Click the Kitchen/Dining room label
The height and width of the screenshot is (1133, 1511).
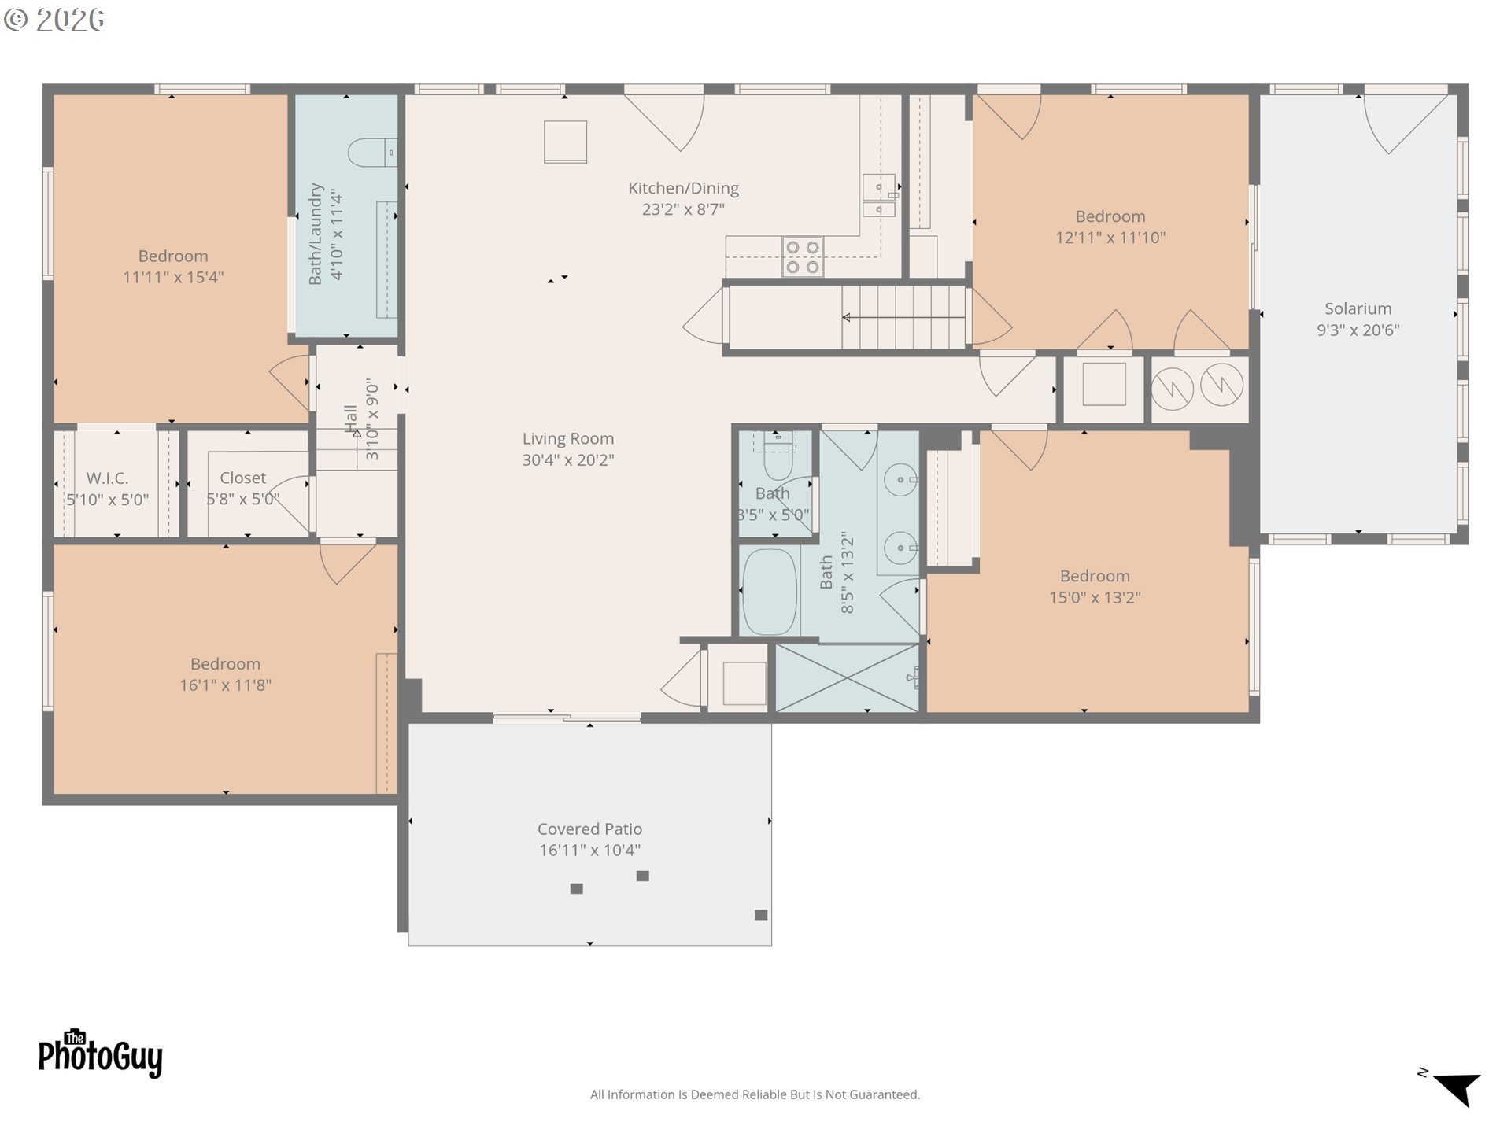[683, 189]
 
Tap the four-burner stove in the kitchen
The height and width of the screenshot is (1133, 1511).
[802, 257]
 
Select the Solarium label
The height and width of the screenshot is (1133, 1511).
[1358, 309]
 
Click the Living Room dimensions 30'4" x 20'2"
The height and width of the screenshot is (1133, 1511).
[567, 460]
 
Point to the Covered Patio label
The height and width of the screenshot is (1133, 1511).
[589, 829]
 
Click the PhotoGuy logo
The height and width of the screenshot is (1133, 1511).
[100, 1053]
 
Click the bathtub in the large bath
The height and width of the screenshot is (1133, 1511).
[770, 592]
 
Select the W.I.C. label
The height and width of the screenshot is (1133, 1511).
[107, 478]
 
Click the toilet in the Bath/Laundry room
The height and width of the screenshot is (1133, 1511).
[372, 153]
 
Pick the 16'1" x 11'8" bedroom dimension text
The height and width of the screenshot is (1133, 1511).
[225, 685]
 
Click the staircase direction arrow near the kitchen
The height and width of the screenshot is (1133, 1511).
[903, 318]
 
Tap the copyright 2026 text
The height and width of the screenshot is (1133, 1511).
[54, 20]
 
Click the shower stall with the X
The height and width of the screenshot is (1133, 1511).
[847, 679]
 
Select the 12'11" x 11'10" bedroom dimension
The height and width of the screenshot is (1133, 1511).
[1110, 238]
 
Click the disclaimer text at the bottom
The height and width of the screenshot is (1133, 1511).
[755, 1094]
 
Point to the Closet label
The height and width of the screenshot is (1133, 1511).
[242, 478]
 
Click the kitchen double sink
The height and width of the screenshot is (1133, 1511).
[879, 195]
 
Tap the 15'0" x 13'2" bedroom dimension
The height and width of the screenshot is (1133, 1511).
[1095, 598]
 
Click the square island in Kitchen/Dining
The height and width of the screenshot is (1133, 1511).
[565, 142]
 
